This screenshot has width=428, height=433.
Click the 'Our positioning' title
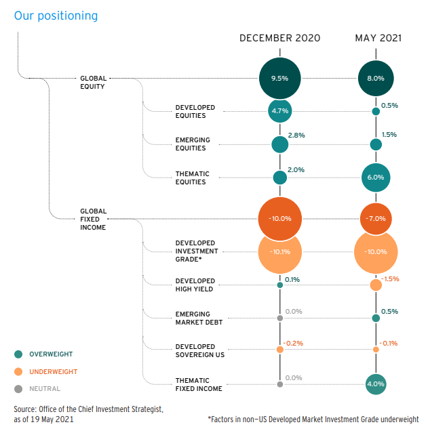[56, 15]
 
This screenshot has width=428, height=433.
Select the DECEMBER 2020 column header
[279, 38]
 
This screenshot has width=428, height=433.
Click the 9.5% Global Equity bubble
[279, 78]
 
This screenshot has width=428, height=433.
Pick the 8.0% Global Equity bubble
[376, 78]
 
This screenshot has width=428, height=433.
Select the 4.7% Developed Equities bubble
[279, 110]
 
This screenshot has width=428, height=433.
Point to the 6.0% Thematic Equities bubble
[376, 177]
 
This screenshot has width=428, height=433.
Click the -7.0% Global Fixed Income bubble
[376, 219]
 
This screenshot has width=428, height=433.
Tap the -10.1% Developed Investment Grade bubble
[279, 251]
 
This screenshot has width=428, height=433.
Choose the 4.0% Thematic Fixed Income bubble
[376, 384]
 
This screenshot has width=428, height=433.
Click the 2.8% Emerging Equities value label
[296, 135]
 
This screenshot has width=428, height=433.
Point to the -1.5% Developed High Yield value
[390, 279]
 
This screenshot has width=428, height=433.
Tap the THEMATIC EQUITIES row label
[192, 178]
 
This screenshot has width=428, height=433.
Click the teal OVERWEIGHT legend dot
[18, 354]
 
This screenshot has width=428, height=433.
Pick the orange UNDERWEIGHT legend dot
[18, 371]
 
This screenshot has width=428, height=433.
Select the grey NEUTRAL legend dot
[18, 389]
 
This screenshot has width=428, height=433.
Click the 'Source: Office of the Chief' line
[88, 409]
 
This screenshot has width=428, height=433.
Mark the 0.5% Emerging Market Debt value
[389, 311]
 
